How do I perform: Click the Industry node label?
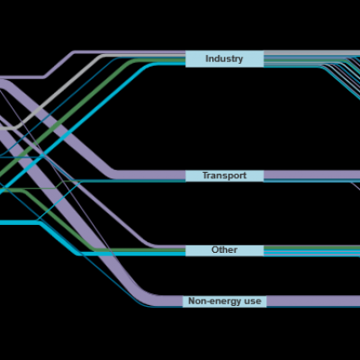pos(224,58)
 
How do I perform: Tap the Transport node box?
pos(224,175)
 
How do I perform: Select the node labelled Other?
pos(224,250)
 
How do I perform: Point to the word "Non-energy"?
pos(212,301)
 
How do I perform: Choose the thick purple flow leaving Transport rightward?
pos(311,175)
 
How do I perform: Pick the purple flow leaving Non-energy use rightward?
pos(313,301)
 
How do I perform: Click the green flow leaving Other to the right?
pos(311,247)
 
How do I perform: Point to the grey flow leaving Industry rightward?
pos(311,53)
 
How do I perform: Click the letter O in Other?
pos(215,250)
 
